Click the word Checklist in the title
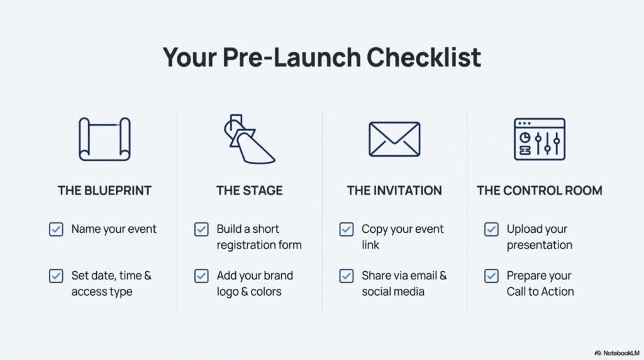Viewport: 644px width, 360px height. click(423, 57)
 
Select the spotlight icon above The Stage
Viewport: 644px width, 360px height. click(249, 139)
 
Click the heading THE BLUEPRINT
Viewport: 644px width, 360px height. click(104, 191)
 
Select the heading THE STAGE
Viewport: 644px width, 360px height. click(249, 191)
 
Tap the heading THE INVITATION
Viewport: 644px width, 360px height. click(394, 191)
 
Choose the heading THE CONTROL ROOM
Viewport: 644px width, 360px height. click(539, 191)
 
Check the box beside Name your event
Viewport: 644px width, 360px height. click(56, 229)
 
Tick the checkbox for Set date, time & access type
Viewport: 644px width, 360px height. click(56, 276)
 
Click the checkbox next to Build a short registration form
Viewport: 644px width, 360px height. click(201, 229)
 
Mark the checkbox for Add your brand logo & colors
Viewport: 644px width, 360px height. click(201, 276)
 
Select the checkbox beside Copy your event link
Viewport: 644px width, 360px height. click(347, 229)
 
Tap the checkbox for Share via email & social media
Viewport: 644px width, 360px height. click(347, 276)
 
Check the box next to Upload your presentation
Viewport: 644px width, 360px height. click(491, 229)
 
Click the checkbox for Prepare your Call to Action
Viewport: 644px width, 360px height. click(491, 276)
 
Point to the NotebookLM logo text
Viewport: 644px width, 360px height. click(621, 353)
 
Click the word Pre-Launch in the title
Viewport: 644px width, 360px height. click(292, 57)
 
